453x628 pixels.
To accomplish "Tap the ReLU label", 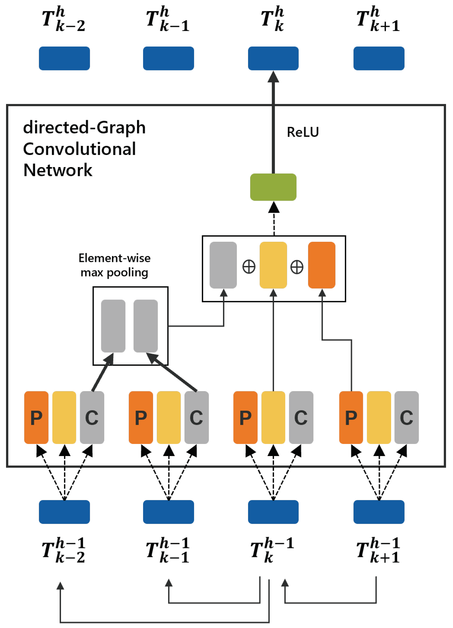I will point(303,132).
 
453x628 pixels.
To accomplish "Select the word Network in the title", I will point(58,170).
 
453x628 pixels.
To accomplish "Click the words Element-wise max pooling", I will point(114,265).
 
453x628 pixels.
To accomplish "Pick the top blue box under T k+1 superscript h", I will point(379,58).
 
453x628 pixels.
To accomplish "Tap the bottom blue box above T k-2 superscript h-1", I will point(64,512).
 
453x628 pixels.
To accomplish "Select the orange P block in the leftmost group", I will point(36,417).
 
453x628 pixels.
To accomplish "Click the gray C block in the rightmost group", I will point(406,417).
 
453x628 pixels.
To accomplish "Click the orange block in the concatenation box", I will point(322,265).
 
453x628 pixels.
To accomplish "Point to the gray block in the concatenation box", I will point(223,265).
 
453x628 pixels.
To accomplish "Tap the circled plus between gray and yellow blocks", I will point(249,267).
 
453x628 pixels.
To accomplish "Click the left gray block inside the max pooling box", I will point(113,326).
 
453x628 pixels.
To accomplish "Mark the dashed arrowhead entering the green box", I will point(274,208).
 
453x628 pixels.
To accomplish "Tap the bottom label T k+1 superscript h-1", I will point(378,550).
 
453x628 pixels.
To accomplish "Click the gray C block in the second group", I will point(196,417).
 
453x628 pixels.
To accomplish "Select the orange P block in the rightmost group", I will point(351,417).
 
